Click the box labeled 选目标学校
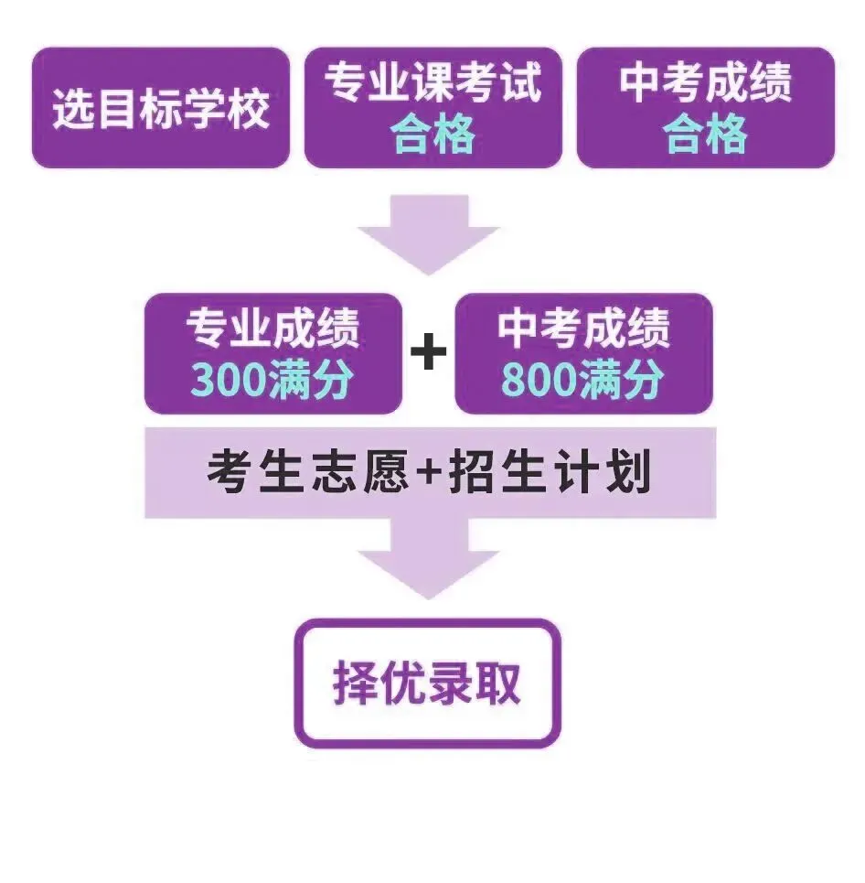[161, 108]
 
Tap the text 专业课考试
[432, 83]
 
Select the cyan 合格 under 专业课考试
[432, 135]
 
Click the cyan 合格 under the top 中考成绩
[705, 135]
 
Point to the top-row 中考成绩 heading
[705, 83]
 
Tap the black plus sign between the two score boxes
[428, 352]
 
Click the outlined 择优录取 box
[426, 683]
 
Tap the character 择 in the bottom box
[355, 683]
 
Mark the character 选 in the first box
[75, 109]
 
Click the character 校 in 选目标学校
[248, 109]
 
